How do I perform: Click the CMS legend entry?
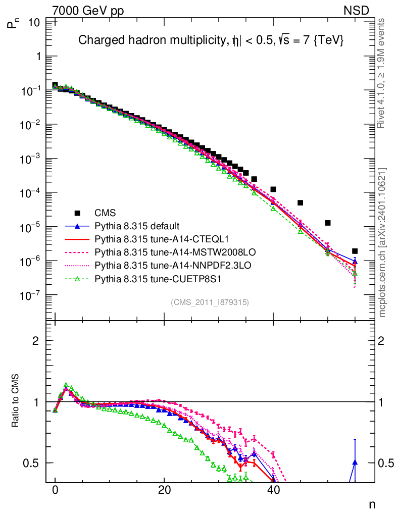click(x=106, y=213)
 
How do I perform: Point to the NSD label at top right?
click(x=357, y=10)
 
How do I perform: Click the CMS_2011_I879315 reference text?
click(x=210, y=302)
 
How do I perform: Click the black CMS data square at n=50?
click(x=328, y=223)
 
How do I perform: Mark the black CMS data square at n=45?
click(x=300, y=203)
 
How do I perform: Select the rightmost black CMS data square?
click(x=355, y=251)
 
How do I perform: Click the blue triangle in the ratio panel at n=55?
click(x=355, y=462)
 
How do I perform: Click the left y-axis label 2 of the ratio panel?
click(x=35, y=340)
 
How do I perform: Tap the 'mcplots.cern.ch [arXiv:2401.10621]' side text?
click(x=382, y=242)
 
